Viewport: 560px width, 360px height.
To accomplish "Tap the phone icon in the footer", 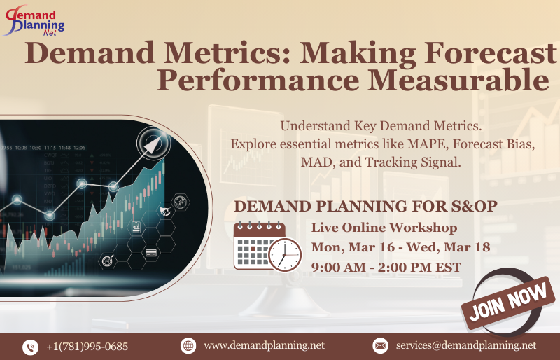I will pyautogui.click(x=30, y=346).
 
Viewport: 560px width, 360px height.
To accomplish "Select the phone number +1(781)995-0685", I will pyautogui.click(x=87, y=346).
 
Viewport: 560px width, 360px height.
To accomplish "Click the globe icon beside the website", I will pyautogui.click(x=188, y=345).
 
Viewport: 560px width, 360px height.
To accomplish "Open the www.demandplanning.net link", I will pyautogui.click(x=264, y=345).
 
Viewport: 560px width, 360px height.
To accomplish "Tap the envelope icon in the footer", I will pyautogui.click(x=380, y=345).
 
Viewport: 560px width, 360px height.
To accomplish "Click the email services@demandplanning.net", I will pyautogui.click(x=465, y=345).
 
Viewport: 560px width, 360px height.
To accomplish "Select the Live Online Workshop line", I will pyautogui.click(x=384, y=228).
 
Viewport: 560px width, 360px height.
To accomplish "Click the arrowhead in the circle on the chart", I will pyautogui.click(x=153, y=143).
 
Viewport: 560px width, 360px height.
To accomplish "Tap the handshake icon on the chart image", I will pyautogui.click(x=167, y=210).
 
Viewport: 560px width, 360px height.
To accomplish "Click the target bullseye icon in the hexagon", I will pyautogui.click(x=108, y=261).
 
